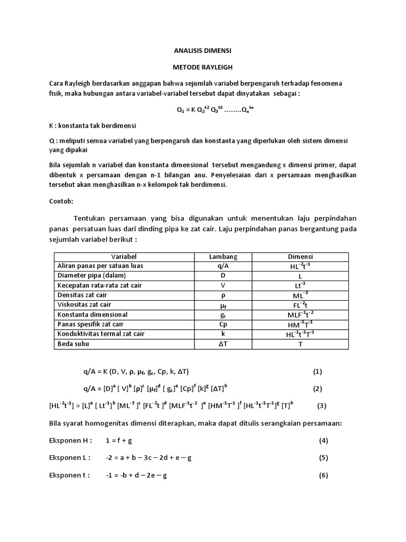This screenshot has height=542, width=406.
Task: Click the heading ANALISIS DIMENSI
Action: point(202,51)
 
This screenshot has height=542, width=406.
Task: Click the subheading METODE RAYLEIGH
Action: point(203,67)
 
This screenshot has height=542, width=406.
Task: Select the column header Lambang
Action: point(223,257)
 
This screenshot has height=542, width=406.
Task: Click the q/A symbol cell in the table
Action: point(223,266)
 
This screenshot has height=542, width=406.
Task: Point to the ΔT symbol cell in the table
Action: point(223,344)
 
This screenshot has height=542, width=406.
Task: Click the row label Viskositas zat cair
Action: point(85,305)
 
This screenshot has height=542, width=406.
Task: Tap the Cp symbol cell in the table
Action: point(223,324)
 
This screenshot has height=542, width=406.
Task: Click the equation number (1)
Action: point(317,372)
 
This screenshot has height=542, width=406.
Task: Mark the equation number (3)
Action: point(322,406)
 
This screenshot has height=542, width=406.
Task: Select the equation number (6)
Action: point(324,475)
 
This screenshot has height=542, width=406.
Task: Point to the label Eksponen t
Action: point(69,475)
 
